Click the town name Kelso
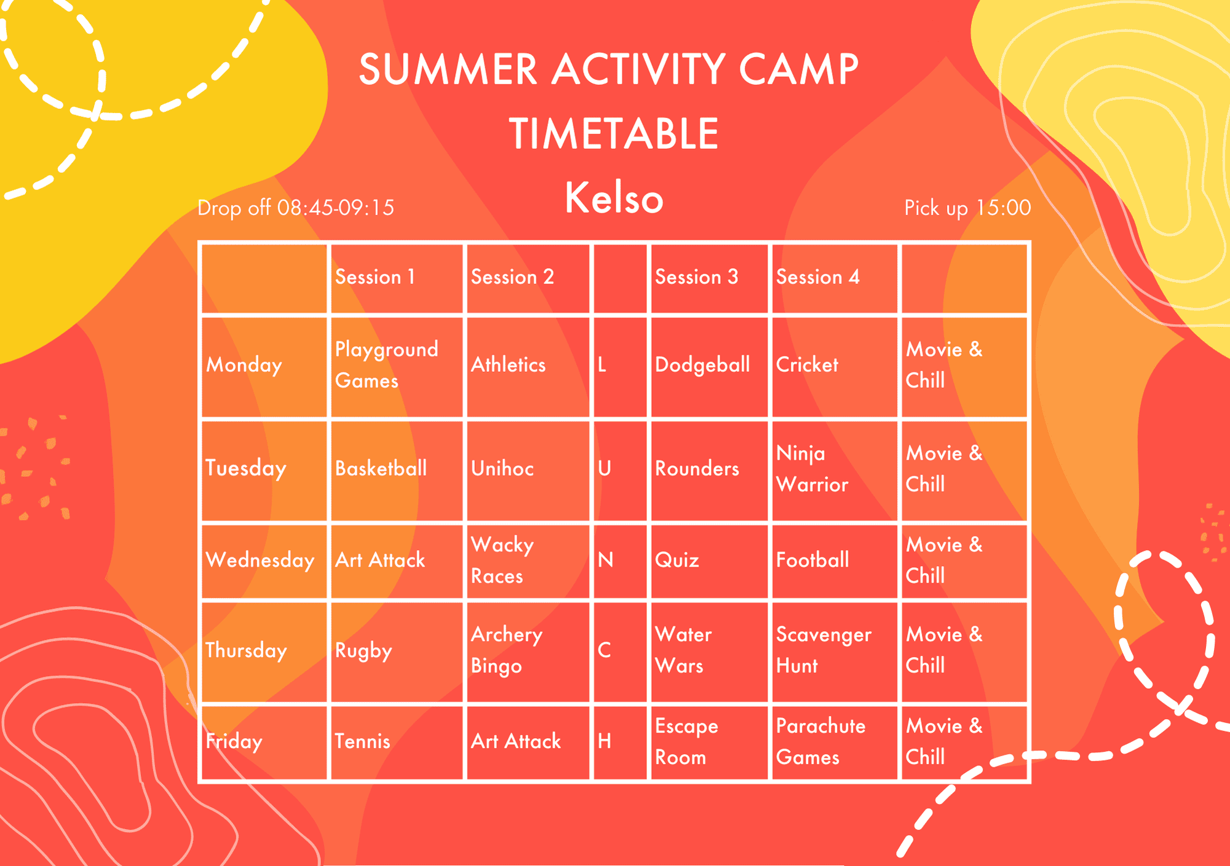[x=614, y=198]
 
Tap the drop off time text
[x=295, y=208]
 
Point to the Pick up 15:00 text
[x=967, y=208]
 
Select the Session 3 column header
[x=696, y=277]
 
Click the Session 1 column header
[x=375, y=277]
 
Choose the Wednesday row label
[x=260, y=560]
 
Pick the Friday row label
[x=234, y=741]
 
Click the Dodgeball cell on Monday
[x=702, y=365]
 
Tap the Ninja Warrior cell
[x=812, y=469]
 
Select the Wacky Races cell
[x=502, y=560]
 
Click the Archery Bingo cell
[x=507, y=650]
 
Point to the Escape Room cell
[x=686, y=741]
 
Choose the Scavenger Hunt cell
[x=823, y=650]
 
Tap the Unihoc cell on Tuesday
[x=502, y=469]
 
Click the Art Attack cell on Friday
[x=515, y=741]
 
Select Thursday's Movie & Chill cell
[x=944, y=650]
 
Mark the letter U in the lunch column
[x=605, y=469]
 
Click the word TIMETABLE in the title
[x=614, y=134]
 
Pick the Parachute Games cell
[x=820, y=741]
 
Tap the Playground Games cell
[x=386, y=365]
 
